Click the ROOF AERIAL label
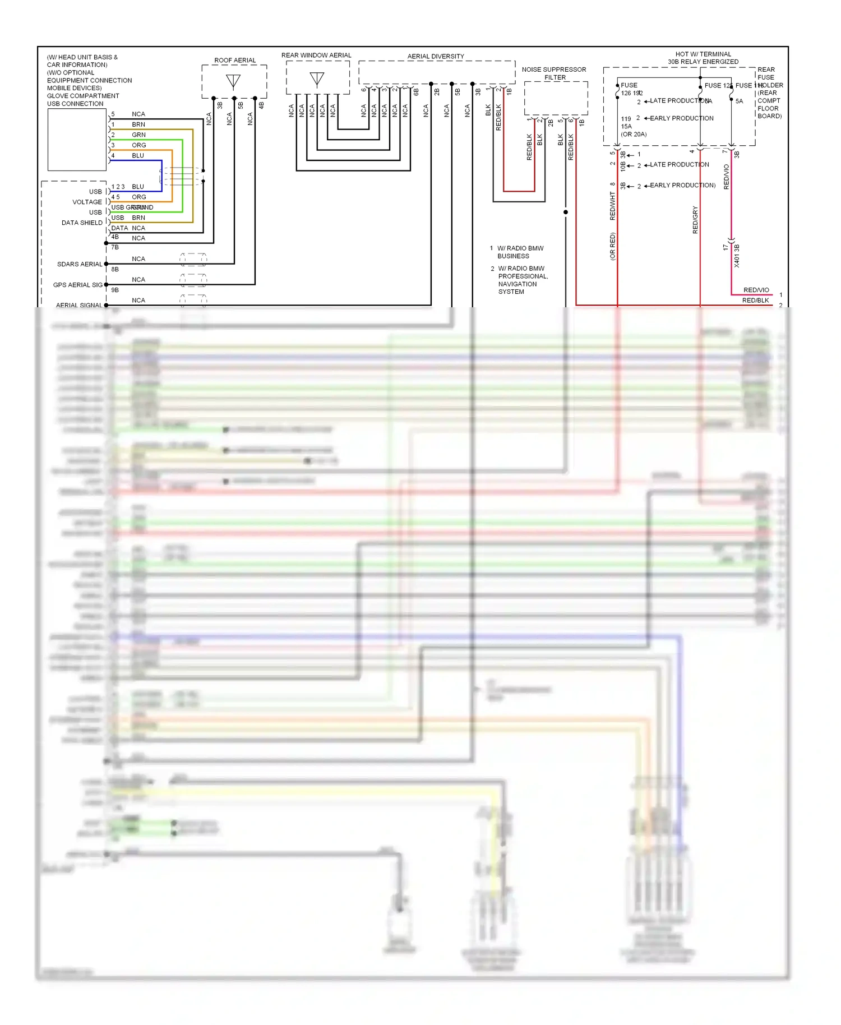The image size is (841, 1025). pyautogui.click(x=234, y=60)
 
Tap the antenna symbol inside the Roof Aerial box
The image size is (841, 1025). pyautogui.click(x=233, y=81)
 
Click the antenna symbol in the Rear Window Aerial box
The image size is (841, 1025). pyautogui.click(x=317, y=79)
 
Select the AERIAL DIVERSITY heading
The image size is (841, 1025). pyautogui.click(x=436, y=56)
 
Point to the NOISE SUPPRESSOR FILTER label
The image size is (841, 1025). pyautogui.click(x=554, y=73)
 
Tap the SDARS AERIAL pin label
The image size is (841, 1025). pyautogui.click(x=80, y=264)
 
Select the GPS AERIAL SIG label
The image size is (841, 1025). pyautogui.click(x=78, y=285)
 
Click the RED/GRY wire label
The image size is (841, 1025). pyautogui.click(x=695, y=220)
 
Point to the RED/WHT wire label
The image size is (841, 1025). pyautogui.click(x=613, y=205)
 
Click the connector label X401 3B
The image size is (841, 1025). pyautogui.click(x=737, y=256)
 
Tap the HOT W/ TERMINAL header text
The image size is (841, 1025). pyautogui.click(x=703, y=54)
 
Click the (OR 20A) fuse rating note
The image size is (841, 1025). pyautogui.click(x=634, y=134)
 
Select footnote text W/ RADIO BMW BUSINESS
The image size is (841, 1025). pyautogui.click(x=520, y=252)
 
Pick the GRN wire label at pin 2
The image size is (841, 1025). pyautogui.click(x=138, y=135)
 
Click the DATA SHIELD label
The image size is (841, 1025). pyautogui.click(x=82, y=223)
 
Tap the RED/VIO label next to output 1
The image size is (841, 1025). pyautogui.click(x=756, y=290)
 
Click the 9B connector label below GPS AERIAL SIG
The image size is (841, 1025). pyautogui.click(x=115, y=290)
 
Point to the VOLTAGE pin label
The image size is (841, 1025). pyautogui.click(x=87, y=202)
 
